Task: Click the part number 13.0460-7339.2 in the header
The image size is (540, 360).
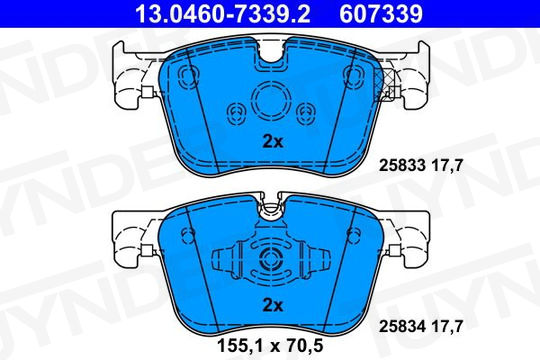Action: pyautogui.click(x=223, y=14)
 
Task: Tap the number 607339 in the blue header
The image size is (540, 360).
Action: pyautogui.click(x=381, y=14)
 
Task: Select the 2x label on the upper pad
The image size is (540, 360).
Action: pyautogui.click(x=273, y=141)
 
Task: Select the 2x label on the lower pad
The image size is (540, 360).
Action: pyautogui.click(x=273, y=305)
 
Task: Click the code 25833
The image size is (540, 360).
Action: pyautogui.click(x=402, y=165)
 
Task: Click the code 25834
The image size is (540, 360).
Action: pyautogui.click(x=402, y=326)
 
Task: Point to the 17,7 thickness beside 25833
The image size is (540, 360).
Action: pyautogui.click(x=447, y=166)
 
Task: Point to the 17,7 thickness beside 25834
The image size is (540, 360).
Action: pyautogui.click(x=447, y=326)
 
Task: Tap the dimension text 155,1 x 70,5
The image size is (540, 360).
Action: pyautogui.click(x=270, y=346)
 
